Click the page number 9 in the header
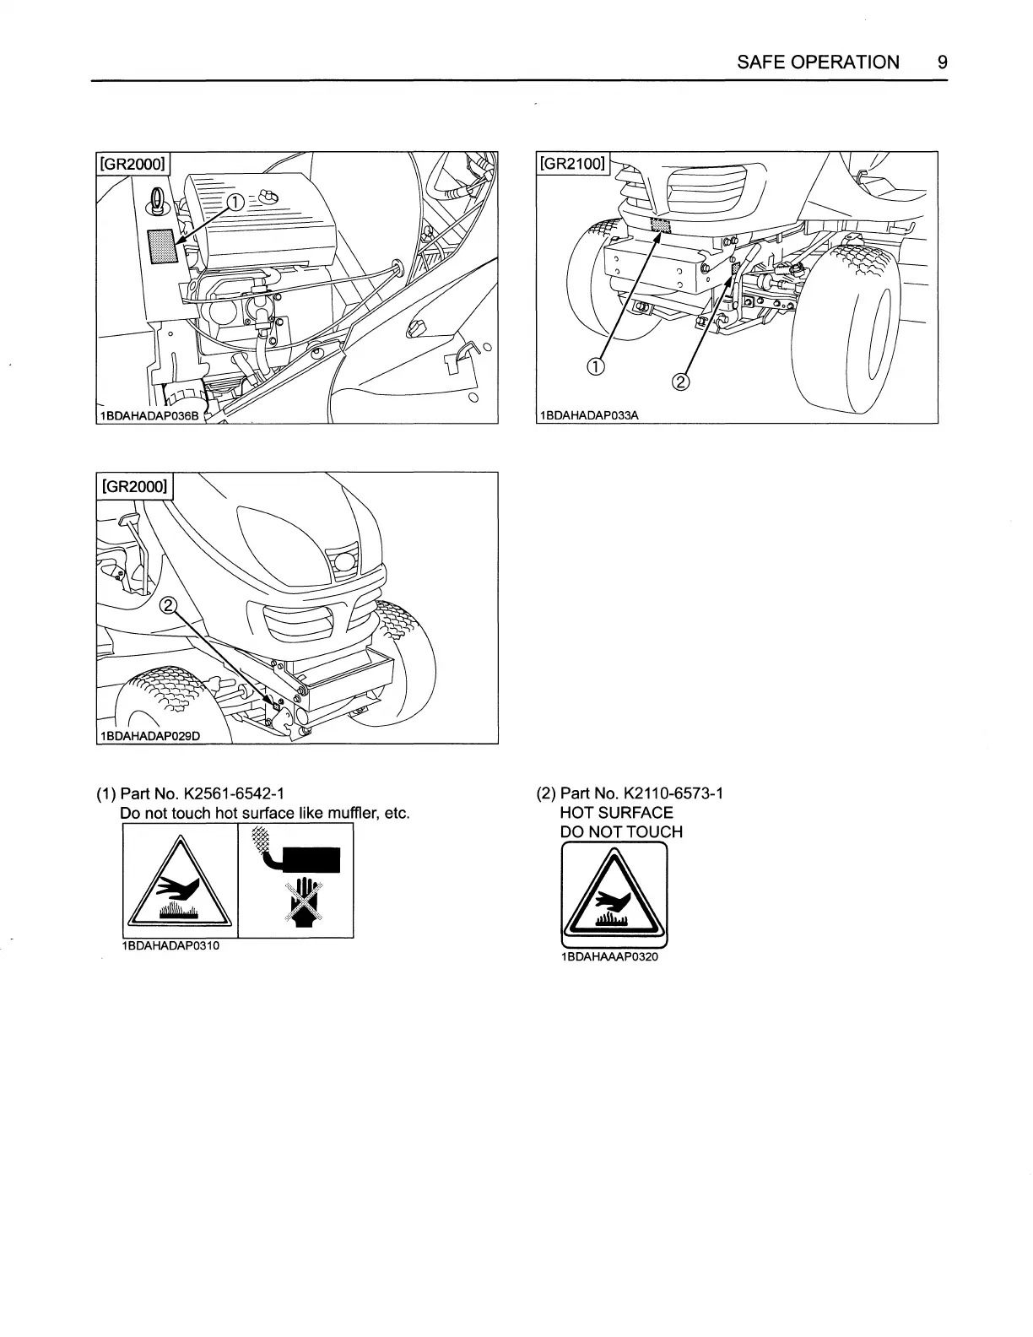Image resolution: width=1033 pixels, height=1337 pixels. pos(942,62)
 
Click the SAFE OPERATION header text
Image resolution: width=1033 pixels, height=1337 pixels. pos(818,62)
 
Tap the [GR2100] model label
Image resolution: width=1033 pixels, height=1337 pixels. pos(573,163)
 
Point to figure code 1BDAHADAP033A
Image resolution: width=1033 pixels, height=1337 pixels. pos(588,415)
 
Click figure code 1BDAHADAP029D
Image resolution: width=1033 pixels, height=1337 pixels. pos(149,735)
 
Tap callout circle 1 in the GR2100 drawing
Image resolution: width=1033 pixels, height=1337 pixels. pos(596,365)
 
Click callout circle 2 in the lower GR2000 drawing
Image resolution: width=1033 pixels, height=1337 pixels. pos(169,604)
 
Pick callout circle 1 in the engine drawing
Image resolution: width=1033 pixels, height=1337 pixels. pos(236,200)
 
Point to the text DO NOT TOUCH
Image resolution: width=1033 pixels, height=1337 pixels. pos(621,832)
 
